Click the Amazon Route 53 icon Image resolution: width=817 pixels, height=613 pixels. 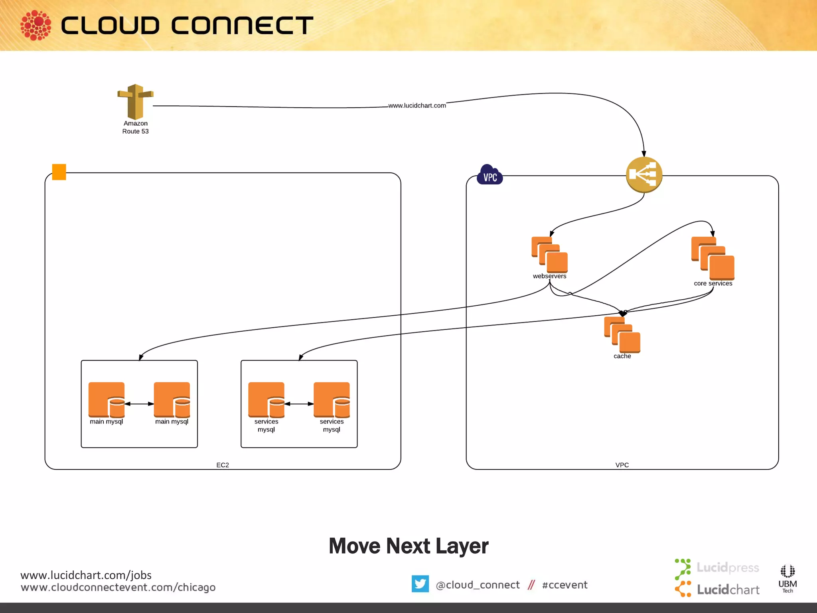[x=135, y=102]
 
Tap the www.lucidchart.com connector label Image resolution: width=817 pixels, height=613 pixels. [x=417, y=105]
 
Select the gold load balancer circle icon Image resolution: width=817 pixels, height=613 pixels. [x=644, y=175]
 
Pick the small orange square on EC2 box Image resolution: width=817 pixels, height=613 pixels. [x=59, y=172]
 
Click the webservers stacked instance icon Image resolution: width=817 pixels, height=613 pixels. [x=549, y=255]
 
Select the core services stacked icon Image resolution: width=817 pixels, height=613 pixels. [x=712, y=258]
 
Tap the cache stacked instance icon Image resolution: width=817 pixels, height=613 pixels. [x=622, y=334]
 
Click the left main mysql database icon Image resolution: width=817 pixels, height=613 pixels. [x=107, y=399]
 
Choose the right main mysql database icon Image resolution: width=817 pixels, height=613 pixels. [x=172, y=399]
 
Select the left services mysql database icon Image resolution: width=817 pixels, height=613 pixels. [x=266, y=399]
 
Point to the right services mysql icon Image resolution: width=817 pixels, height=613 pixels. [x=332, y=399]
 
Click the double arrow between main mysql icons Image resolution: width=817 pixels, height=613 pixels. [x=139, y=404]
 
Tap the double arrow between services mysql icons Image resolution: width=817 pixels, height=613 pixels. [x=299, y=404]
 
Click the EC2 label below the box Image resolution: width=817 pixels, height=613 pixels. [x=223, y=465]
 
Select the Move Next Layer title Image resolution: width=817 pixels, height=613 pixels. [x=408, y=546]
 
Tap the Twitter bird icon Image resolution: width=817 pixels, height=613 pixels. [x=420, y=584]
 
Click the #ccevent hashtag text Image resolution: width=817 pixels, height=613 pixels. [x=564, y=585]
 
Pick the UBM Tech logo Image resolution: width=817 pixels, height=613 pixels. [x=787, y=578]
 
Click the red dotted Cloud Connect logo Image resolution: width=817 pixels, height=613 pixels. [x=36, y=25]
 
